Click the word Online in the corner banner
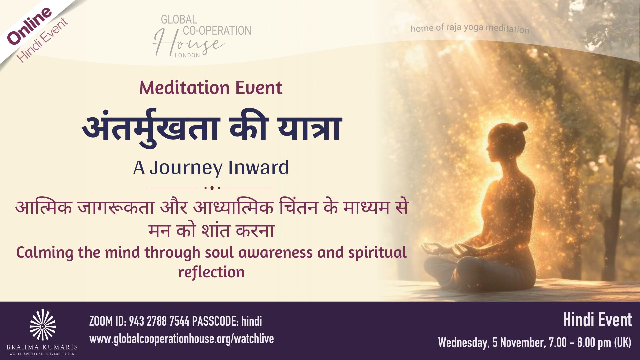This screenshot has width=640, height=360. (x=29, y=26)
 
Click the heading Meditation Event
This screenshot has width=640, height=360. (x=211, y=88)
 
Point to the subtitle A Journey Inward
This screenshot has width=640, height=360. (x=211, y=167)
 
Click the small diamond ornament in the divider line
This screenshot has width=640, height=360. (x=212, y=188)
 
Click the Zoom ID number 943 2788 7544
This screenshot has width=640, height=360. (x=159, y=321)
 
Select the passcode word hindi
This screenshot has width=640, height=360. (x=251, y=321)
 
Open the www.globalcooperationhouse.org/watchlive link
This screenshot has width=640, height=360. (x=182, y=339)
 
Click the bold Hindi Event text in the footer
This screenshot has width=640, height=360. (x=597, y=320)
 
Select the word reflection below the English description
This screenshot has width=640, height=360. (x=211, y=272)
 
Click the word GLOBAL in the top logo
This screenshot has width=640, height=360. (x=179, y=20)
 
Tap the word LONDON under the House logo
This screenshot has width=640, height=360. (x=187, y=55)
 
